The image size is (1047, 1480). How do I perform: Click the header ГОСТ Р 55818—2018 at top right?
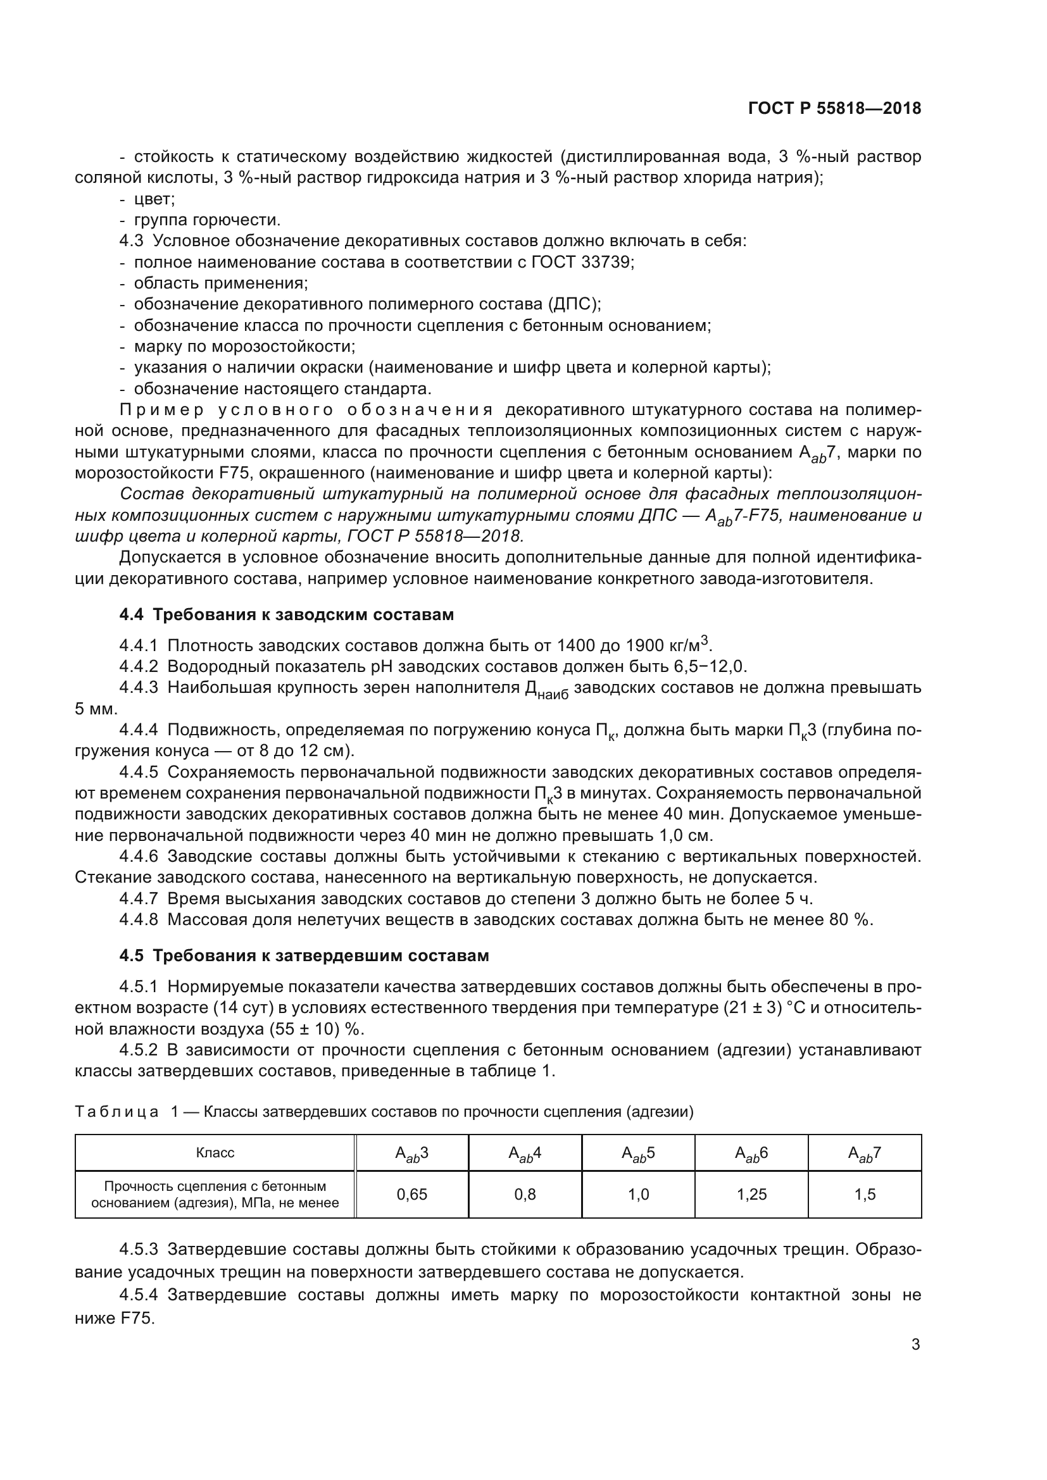point(834,108)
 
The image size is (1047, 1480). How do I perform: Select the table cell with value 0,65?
point(411,1195)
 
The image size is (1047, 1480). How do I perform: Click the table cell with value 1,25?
point(752,1195)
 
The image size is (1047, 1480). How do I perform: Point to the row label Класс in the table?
point(215,1152)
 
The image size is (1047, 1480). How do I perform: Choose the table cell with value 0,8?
point(525,1195)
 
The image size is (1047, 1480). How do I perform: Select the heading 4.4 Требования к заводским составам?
point(286,614)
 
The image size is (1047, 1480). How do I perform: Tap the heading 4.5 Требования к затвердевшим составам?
point(304,955)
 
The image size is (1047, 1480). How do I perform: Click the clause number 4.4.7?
point(139,899)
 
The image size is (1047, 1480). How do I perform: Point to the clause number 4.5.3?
point(139,1250)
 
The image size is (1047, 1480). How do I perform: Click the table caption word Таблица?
point(116,1112)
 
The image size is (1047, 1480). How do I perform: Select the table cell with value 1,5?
point(865,1195)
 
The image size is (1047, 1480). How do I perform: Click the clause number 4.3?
point(132,241)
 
